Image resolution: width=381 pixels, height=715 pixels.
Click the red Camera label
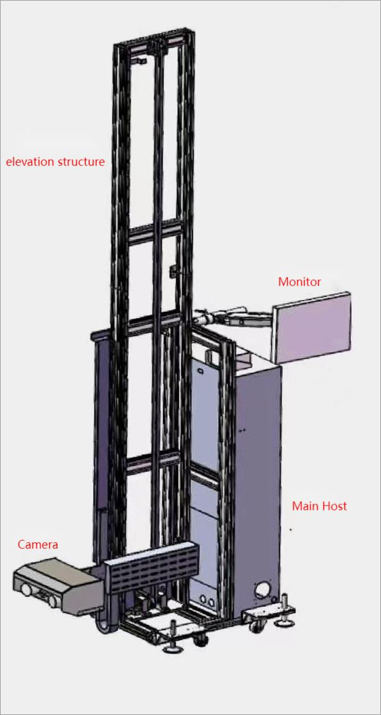(x=37, y=545)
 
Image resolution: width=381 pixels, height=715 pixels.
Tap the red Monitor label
(x=300, y=282)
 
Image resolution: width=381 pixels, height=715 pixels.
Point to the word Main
(x=305, y=506)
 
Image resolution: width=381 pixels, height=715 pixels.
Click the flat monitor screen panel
(x=313, y=327)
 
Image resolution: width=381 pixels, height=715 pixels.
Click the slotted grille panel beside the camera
(x=152, y=572)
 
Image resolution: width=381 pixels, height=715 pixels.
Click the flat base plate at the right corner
(x=261, y=614)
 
